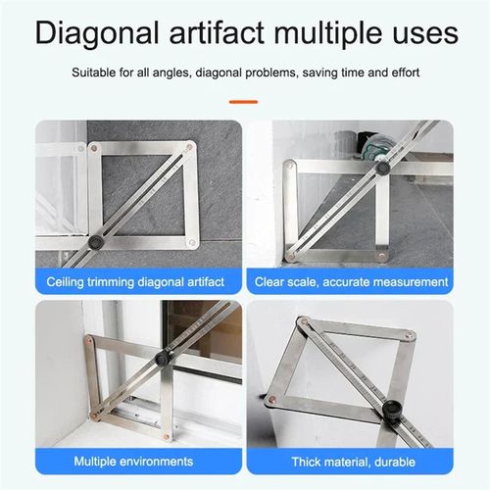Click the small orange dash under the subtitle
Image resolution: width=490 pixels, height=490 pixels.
(x=244, y=100)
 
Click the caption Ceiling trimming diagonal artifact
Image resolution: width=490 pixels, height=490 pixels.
(x=135, y=282)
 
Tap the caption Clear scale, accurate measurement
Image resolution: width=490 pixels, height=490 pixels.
(x=352, y=282)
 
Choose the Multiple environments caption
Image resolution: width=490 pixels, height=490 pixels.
(x=135, y=461)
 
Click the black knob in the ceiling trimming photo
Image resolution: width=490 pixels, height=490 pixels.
(x=96, y=241)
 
